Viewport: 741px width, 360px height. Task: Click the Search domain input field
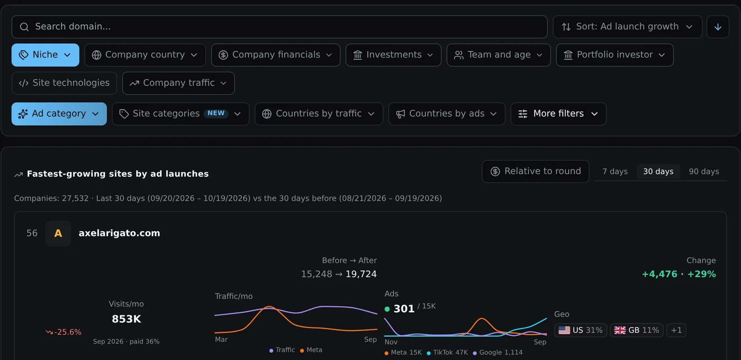pyautogui.click(x=280, y=27)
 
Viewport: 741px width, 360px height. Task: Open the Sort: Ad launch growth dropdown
pyautogui.click(x=628, y=27)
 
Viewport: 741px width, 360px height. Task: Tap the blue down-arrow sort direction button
pyautogui.click(x=718, y=27)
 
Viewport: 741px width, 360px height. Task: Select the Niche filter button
pyautogui.click(x=45, y=55)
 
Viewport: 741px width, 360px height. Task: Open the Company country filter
pyautogui.click(x=145, y=55)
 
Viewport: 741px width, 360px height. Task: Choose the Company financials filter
pyautogui.click(x=276, y=55)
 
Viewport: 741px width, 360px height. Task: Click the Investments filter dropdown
pyautogui.click(x=393, y=55)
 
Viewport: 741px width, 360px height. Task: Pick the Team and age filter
pyautogui.click(x=498, y=55)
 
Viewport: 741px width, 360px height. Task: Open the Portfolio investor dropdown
pyautogui.click(x=615, y=55)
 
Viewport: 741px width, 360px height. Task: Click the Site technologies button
pyautogui.click(x=64, y=83)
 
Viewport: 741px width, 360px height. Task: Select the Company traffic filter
pyautogui.click(x=178, y=83)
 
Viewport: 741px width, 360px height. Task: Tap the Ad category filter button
pyautogui.click(x=59, y=114)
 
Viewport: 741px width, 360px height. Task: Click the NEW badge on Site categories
pyautogui.click(x=216, y=114)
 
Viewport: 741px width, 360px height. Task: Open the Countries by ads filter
pyautogui.click(x=447, y=114)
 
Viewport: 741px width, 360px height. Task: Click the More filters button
pyautogui.click(x=559, y=114)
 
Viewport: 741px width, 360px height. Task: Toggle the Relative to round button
pyautogui.click(x=535, y=171)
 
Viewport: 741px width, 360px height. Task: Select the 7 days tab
pyautogui.click(x=615, y=171)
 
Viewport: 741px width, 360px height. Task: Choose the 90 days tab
pyautogui.click(x=704, y=171)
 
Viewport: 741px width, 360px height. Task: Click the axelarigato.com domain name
pyautogui.click(x=119, y=233)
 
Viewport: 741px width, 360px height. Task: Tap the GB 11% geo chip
pyautogui.click(x=636, y=330)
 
